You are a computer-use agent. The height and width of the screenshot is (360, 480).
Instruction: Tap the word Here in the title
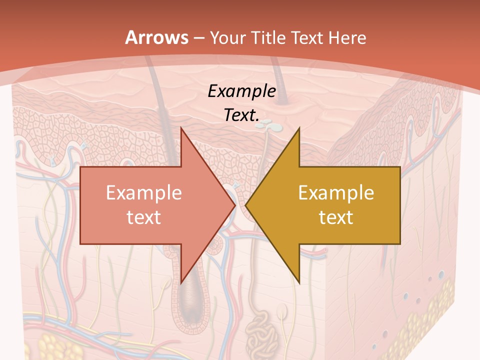coord(348,37)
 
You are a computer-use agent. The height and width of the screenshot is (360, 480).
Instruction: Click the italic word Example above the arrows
coord(241,91)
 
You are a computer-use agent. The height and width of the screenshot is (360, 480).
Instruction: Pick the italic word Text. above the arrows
coord(241,115)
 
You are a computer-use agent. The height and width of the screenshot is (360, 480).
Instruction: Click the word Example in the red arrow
coord(143,192)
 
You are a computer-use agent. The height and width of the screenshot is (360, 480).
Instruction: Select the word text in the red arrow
coord(143,217)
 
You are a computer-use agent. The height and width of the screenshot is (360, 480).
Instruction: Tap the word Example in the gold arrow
coord(336,192)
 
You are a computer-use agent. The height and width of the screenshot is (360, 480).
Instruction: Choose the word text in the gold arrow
coord(336,217)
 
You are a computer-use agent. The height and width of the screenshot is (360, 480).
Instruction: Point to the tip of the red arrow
coord(235,205)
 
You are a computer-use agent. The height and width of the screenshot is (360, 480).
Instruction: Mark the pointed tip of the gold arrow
coord(245,205)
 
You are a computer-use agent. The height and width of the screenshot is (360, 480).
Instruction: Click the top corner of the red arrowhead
coord(181,128)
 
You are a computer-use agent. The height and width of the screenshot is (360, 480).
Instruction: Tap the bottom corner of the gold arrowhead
coord(299,282)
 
